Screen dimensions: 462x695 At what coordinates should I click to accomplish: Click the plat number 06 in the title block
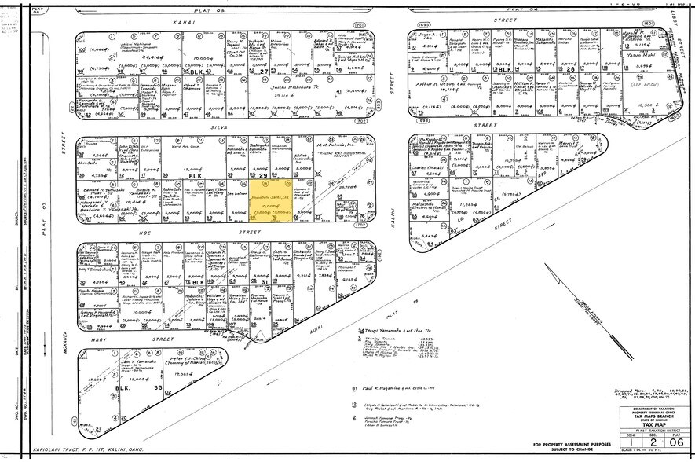pos(672,442)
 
